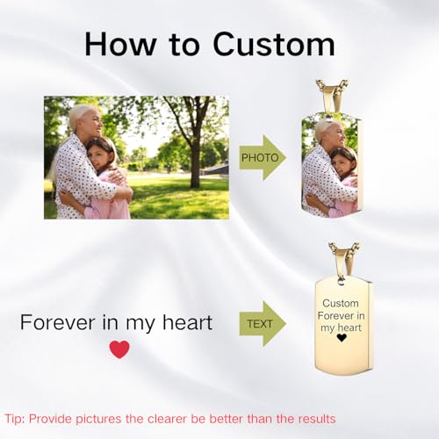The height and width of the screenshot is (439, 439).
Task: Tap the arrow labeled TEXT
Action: click(262, 323)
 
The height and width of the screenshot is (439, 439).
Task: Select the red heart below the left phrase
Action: click(119, 349)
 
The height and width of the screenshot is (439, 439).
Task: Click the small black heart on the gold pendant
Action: click(342, 338)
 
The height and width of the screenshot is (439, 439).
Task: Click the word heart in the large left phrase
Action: click(184, 323)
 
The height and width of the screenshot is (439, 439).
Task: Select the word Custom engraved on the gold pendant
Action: click(342, 304)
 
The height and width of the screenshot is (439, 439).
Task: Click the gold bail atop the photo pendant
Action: click(333, 96)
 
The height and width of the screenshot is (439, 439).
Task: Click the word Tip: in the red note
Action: click(17, 419)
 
